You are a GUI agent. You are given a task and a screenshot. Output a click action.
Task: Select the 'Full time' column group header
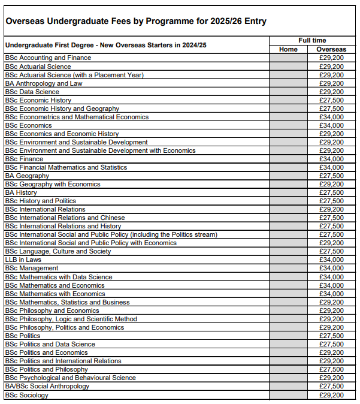pos(312,40)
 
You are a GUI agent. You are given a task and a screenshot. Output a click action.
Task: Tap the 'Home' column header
pos(288,49)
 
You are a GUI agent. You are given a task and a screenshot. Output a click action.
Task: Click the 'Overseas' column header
pos(331,49)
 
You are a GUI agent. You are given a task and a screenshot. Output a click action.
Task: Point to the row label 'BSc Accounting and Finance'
pos(48,58)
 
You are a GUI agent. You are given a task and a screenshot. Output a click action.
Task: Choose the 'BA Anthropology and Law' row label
pos(44,83)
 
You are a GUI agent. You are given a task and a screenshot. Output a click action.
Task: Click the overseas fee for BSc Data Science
pos(331,92)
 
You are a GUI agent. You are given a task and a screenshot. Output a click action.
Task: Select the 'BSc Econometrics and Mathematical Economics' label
pos(77,117)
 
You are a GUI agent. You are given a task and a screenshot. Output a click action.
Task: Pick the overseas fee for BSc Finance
pos(331,159)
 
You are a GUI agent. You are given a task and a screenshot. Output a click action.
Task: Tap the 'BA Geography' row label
pos(27,176)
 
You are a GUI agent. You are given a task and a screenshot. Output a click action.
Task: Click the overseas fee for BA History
pos(331,192)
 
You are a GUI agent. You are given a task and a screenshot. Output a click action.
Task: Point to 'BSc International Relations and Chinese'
pos(65,218)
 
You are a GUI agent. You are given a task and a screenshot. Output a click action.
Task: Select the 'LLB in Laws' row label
pos(23,260)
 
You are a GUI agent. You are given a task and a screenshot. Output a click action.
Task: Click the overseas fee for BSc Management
pos(331,268)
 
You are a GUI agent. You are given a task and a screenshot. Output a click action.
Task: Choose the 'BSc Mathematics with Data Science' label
pos(58,277)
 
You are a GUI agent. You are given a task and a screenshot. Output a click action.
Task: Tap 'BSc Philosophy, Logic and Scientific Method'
pos(71,319)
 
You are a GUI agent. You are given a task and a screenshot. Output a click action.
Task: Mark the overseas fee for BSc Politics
pos(331,336)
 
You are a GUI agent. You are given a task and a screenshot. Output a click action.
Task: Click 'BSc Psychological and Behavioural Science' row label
pos(70,378)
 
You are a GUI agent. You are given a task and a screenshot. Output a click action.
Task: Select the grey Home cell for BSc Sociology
pos(288,395)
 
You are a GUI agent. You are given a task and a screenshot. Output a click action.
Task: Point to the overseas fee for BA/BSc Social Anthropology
pos(331,386)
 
